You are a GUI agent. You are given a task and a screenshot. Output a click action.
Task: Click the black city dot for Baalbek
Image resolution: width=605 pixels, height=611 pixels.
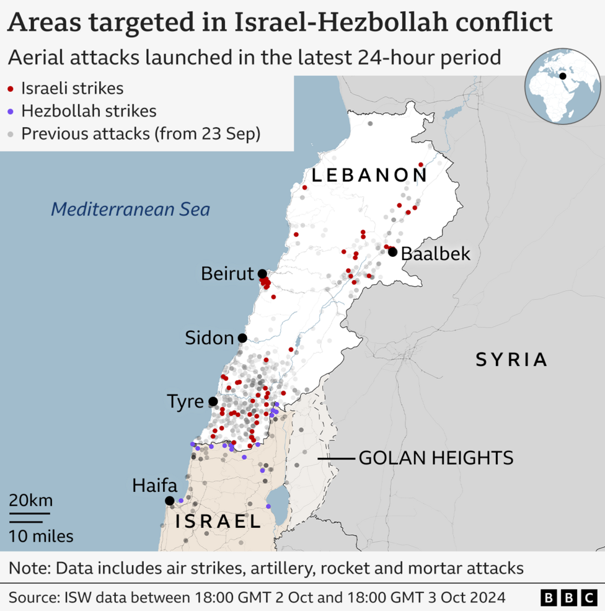click(392, 252)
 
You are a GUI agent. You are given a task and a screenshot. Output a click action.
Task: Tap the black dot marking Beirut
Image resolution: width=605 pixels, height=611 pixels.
click(262, 274)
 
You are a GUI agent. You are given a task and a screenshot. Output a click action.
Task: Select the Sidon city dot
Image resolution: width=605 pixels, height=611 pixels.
click(242, 338)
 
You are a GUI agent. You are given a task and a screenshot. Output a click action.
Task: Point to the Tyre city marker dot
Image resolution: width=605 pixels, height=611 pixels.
click(213, 401)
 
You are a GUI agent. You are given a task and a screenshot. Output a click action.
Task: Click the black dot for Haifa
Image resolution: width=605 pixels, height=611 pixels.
click(169, 501)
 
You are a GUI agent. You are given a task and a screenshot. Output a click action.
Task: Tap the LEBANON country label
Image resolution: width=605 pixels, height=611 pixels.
click(369, 176)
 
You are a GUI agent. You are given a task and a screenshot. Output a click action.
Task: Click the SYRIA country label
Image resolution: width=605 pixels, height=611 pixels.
click(511, 360)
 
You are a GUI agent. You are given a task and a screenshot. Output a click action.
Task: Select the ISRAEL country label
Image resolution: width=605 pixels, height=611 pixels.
click(218, 522)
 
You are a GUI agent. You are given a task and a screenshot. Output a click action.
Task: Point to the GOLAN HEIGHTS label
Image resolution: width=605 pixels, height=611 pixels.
click(436, 458)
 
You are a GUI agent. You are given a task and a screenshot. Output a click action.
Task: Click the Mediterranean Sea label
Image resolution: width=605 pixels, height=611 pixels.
click(130, 209)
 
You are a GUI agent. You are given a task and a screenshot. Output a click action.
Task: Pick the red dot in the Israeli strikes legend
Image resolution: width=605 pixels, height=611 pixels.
click(11, 89)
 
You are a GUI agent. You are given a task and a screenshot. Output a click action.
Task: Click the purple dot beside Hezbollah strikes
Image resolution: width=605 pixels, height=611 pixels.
click(11, 112)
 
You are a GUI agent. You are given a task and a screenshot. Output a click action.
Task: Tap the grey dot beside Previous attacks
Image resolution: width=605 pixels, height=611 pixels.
click(11, 135)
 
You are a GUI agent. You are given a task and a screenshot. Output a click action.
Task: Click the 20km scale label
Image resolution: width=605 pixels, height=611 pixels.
click(30, 501)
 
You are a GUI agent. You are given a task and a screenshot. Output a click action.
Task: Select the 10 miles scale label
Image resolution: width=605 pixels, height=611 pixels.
click(41, 536)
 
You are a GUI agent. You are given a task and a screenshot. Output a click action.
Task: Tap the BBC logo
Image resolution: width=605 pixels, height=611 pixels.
click(568, 598)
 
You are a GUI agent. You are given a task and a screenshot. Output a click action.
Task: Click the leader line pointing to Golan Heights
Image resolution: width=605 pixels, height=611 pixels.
click(336, 459)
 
